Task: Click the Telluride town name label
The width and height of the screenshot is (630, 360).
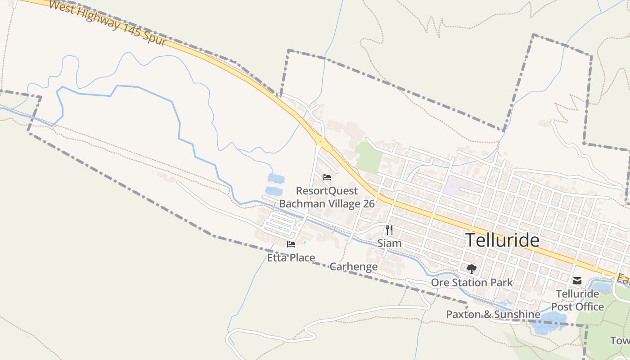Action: coord(502,240)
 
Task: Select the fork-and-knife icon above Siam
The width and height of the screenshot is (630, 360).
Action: coord(389,230)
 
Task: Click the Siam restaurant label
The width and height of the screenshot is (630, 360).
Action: coord(389,243)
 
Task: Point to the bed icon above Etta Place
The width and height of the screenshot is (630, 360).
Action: coord(291,244)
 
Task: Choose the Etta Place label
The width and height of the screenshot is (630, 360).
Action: coord(291,258)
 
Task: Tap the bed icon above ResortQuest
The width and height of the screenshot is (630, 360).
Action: coord(327,177)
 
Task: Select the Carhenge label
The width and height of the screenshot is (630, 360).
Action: coord(354,266)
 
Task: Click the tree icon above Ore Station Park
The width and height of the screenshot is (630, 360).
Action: coord(471,269)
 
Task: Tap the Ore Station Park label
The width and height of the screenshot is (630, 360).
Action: coord(472,283)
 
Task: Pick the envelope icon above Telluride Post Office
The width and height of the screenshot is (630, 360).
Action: coord(577,281)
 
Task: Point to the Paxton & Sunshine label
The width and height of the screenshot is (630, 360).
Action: coord(493,314)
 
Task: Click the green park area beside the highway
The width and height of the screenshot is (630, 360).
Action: coord(369,157)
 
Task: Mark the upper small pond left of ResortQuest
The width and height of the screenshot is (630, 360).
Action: coord(276,179)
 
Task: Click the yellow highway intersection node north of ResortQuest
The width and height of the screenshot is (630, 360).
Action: coord(321,141)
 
